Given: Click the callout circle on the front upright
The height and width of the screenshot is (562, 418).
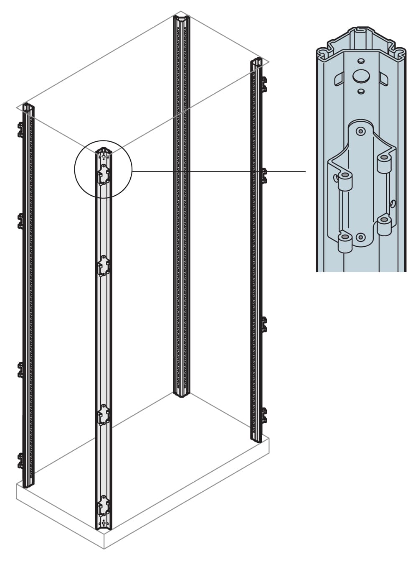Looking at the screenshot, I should [x=103, y=169].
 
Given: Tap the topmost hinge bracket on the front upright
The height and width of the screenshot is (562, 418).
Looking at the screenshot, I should [x=103, y=174].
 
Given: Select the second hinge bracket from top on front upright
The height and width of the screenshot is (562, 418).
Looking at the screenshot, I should [x=103, y=266].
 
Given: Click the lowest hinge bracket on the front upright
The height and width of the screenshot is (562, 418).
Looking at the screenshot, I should [x=103, y=506].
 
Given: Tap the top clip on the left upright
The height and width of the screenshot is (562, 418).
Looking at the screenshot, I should [x=20, y=130].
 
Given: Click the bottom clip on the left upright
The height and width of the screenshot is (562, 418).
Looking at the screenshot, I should [x=20, y=460].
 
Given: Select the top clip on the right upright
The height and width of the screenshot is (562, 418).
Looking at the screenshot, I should [x=264, y=84].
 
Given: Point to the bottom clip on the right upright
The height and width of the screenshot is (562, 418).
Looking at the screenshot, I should [x=264, y=416].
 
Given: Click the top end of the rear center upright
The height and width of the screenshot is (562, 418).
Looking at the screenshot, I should [x=182, y=18].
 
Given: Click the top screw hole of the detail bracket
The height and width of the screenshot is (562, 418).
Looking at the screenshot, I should [x=360, y=132].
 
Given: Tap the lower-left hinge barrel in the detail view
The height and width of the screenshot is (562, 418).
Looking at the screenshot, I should [x=345, y=241].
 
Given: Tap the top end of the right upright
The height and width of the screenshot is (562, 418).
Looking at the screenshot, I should [x=256, y=63].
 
